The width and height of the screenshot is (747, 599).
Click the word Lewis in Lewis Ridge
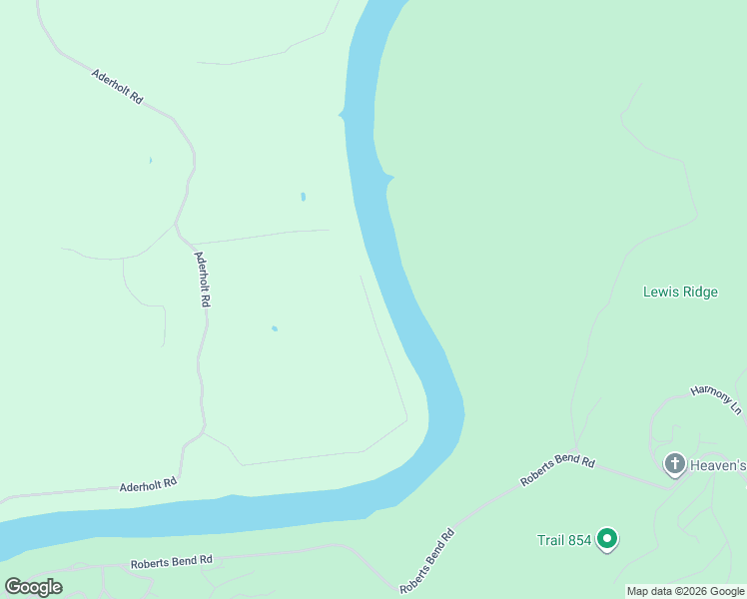pyautogui.click(x=660, y=292)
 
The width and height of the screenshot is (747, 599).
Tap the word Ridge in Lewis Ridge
pyautogui.click(x=698, y=292)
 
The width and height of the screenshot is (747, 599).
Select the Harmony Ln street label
pyautogui.click(x=717, y=399)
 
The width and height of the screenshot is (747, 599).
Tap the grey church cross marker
pyautogui.click(x=674, y=463)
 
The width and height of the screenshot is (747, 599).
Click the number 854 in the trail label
pyautogui.click(x=580, y=540)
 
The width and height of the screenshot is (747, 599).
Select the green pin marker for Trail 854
pyautogui.click(x=606, y=539)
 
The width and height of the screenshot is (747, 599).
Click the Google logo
pyautogui.click(x=33, y=587)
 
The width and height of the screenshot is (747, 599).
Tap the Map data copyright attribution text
pyautogui.click(x=685, y=591)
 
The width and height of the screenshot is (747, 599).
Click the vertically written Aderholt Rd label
pyautogui.click(x=203, y=278)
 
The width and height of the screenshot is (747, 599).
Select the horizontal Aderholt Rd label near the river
pyautogui.click(x=148, y=484)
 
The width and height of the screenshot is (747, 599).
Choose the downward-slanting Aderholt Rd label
pyautogui.click(x=118, y=87)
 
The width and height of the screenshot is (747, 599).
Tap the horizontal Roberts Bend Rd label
pyautogui.click(x=172, y=563)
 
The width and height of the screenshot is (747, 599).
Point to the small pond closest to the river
pyautogui.click(x=303, y=197)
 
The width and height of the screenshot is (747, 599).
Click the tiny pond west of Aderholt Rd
pyautogui.click(x=151, y=160)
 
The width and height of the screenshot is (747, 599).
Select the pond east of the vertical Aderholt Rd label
pyautogui.click(x=274, y=328)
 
